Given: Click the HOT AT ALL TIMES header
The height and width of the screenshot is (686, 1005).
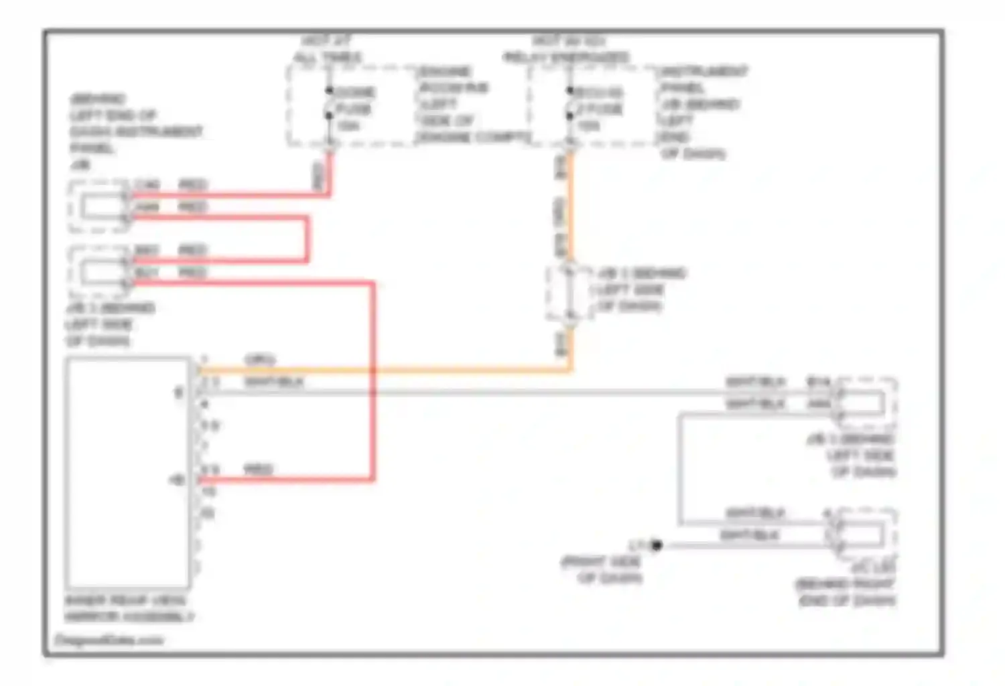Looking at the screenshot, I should point(328,50).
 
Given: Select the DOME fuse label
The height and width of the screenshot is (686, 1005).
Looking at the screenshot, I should point(354,92).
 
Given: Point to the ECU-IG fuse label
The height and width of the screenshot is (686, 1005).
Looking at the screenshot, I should point(598,92).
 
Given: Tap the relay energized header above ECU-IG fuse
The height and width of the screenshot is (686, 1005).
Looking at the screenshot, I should point(567,50).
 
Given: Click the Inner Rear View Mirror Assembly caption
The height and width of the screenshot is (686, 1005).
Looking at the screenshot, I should point(128,608).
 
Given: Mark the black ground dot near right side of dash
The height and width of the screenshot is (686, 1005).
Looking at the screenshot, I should point(657,545).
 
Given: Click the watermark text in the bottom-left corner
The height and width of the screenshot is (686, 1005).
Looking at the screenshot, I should point(109,640).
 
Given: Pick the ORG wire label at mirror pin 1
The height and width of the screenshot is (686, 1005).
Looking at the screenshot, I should point(259,360).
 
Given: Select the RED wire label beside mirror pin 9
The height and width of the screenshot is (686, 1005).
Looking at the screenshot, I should point(258,469).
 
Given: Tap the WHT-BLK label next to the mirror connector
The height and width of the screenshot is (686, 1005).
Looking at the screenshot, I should point(273,382).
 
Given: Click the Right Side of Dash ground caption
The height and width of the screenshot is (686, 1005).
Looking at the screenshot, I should point(602,569).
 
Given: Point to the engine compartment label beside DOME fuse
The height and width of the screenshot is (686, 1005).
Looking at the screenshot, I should point(472,104).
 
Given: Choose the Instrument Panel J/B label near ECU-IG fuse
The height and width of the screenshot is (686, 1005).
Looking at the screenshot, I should point(701,112).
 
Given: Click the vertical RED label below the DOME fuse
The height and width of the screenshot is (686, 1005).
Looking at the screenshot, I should point(319,176).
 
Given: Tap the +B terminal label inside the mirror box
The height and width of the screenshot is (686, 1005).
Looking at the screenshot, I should point(177,480).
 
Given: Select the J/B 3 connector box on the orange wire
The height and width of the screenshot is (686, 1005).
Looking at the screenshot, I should point(568,292).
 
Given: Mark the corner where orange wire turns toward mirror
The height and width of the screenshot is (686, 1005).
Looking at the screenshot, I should point(571,369).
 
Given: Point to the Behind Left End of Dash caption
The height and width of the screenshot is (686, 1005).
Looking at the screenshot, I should point(135,131).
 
